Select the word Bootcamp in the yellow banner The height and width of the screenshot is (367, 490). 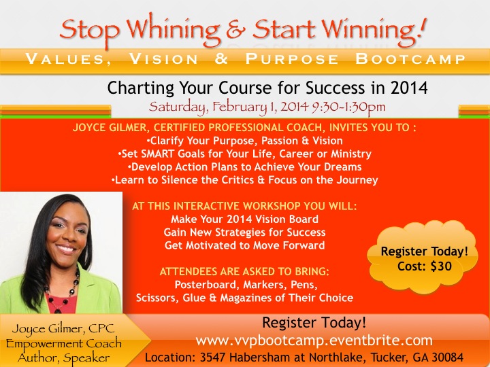(x=410, y=59)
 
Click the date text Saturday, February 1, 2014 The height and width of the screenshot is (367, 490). (x=229, y=107)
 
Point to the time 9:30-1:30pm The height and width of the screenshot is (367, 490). (x=348, y=107)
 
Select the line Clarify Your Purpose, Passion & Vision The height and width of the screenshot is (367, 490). (x=245, y=141)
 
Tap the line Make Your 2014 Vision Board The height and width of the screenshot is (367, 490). (x=245, y=219)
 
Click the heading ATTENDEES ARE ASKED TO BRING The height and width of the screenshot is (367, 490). (x=244, y=271)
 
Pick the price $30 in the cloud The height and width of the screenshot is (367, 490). (x=441, y=266)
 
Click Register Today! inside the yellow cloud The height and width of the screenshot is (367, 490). (x=425, y=251)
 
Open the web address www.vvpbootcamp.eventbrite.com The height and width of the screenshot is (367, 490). (x=314, y=340)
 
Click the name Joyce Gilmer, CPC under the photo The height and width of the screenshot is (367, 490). (x=63, y=329)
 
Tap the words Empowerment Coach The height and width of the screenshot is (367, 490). (x=64, y=344)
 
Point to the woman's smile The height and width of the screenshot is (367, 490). (x=66, y=249)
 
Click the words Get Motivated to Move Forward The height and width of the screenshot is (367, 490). (x=245, y=245)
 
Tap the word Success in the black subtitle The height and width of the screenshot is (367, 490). (x=335, y=88)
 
